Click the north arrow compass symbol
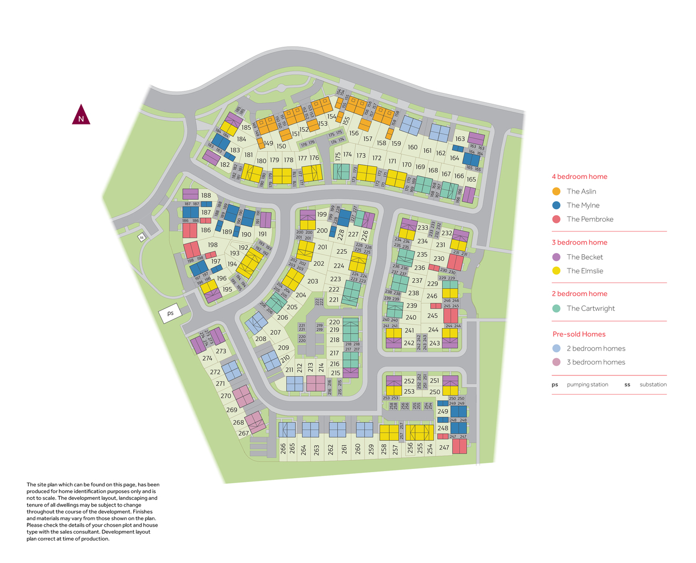coord(81,115)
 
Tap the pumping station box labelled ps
coord(170,314)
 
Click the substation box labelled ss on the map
coord(141,237)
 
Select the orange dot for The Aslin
coord(556,191)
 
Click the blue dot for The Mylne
coord(556,205)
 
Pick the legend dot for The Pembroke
coord(556,219)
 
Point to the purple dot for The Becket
coord(556,257)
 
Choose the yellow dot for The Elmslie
coord(556,271)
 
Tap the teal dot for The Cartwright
coord(556,308)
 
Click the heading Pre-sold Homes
coord(579,334)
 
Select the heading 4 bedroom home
coord(579,177)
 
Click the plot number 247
coord(444,448)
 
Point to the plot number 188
coord(206,196)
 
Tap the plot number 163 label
coord(460,139)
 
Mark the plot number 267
coord(244,434)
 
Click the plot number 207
coord(275,333)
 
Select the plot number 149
coord(268,143)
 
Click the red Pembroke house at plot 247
coord(459,446)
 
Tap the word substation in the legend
coord(653,385)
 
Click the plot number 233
coord(422,228)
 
